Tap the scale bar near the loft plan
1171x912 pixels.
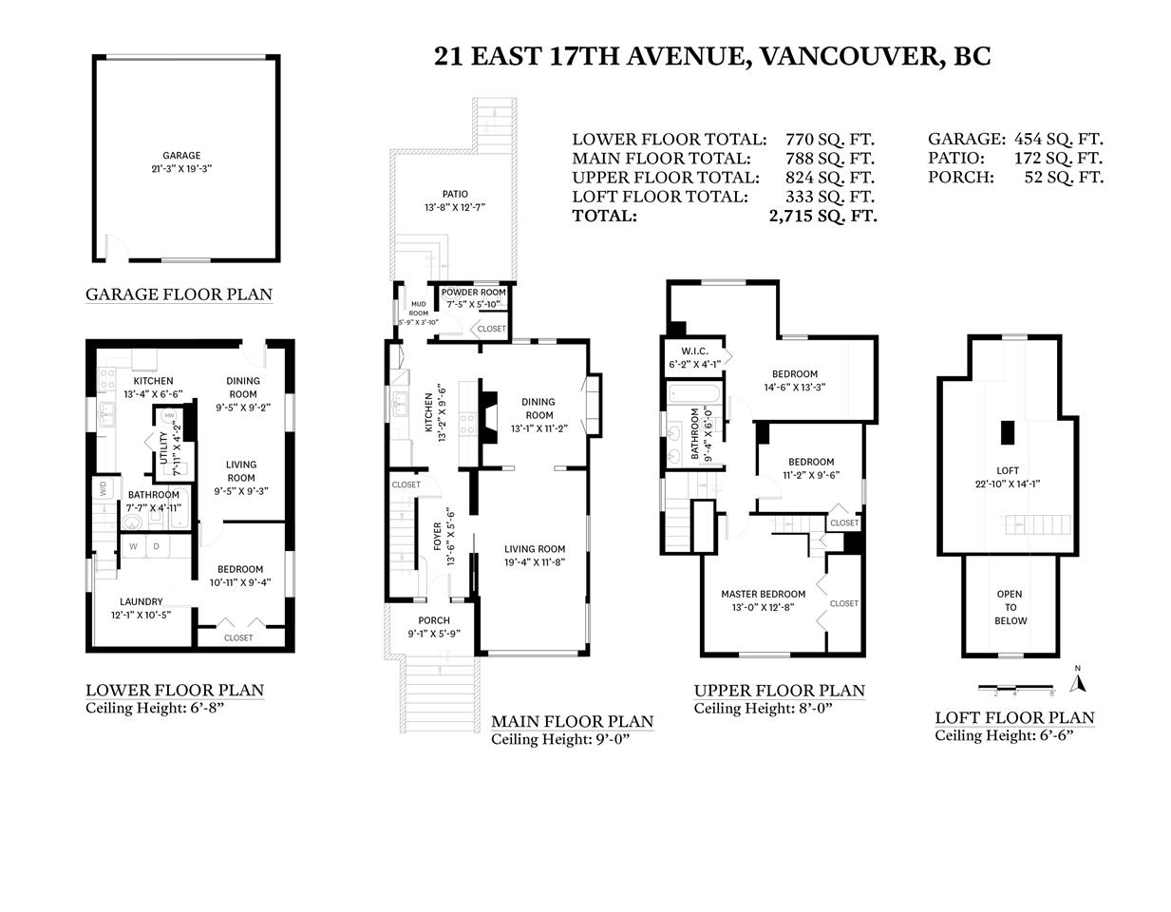1016,689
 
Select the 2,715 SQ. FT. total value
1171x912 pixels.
822,217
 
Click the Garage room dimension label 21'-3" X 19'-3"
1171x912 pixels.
181,169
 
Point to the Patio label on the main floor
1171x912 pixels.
455,194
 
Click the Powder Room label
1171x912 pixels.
474,293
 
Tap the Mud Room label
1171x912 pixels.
419,309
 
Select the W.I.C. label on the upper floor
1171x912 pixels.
694,351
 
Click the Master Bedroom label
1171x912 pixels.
763,594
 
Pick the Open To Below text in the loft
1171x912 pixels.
1010,607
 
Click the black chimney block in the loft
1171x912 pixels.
1008,433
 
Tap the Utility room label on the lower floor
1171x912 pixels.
163,447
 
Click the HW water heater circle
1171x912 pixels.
169,415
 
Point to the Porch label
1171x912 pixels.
434,620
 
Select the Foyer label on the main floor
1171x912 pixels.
438,537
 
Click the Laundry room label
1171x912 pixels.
142,601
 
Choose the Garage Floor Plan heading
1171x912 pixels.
179,294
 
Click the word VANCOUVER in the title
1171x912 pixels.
849,57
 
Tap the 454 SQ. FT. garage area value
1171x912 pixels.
1059,139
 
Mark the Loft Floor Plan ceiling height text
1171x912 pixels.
1004,735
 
